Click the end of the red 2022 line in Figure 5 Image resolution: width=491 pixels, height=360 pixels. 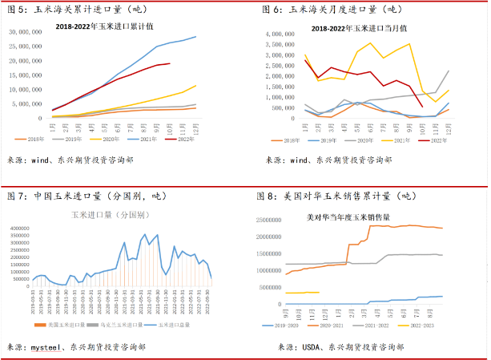point(169,63)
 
